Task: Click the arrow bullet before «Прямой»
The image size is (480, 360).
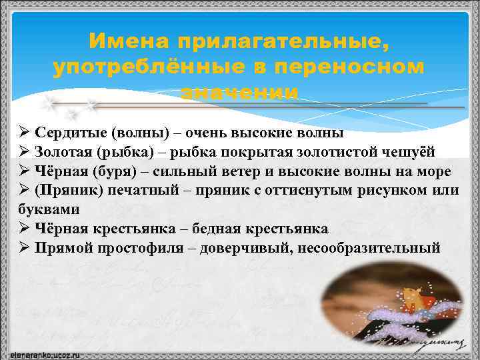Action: (23, 248)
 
